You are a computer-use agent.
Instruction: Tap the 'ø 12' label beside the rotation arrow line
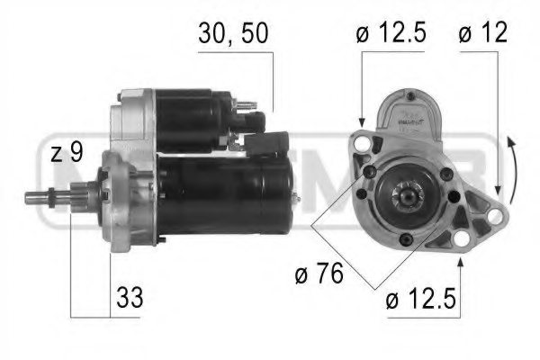coord(482,35)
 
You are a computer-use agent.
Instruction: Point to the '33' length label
coord(131,296)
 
